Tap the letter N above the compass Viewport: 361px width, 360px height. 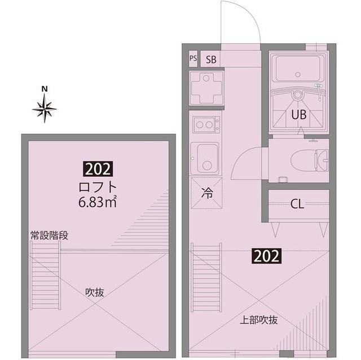(45, 89)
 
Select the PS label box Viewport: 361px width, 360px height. (193, 59)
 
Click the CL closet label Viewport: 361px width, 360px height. (297, 204)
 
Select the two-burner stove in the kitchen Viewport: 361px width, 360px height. (206, 124)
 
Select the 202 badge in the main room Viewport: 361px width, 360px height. (266, 257)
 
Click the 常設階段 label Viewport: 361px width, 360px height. (49, 235)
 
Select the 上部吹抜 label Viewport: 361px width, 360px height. (259, 320)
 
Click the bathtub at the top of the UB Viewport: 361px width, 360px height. (297, 70)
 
